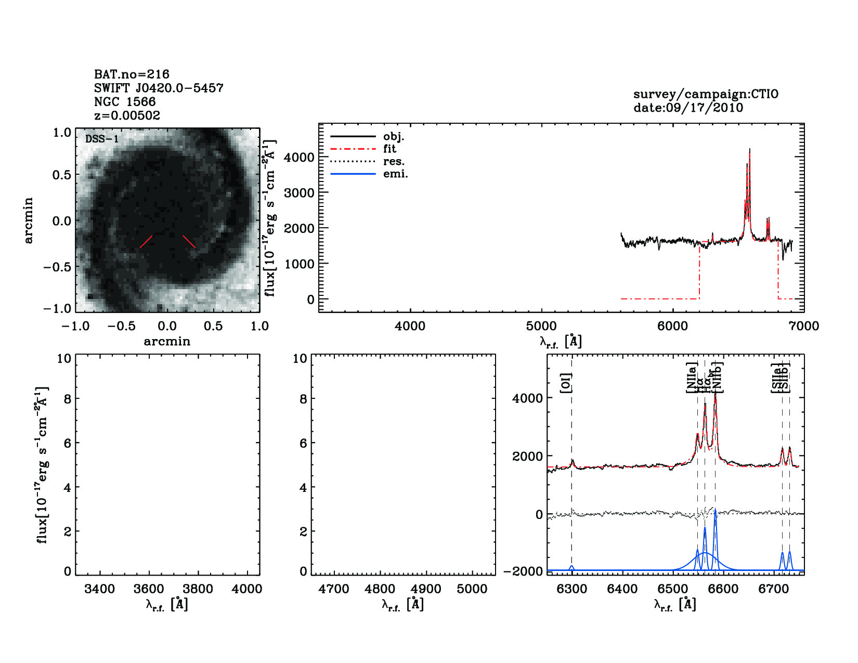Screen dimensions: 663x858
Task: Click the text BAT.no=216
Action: (132, 74)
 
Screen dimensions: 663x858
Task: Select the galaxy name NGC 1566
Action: (125, 102)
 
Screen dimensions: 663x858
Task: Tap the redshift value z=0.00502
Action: (127, 115)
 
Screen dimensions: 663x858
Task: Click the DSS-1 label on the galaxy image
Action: (102, 139)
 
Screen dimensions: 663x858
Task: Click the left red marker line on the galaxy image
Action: (146, 241)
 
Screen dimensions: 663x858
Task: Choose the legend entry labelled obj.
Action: (394, 136)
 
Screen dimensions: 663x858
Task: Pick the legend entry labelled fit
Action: (389, 149)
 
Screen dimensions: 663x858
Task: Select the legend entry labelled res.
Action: (394, 161)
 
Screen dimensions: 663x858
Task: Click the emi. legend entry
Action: (395, 174)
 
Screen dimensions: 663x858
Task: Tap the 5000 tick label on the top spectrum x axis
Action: (541, 326)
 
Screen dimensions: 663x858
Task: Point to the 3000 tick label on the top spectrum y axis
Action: (299, 192)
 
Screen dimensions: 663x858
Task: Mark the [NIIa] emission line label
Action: (692, 378)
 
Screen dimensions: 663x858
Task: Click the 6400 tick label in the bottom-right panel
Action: (622, 589)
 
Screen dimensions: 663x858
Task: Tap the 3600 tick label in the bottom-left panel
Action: (149, 589)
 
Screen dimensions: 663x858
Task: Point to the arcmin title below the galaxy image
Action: (167, 341)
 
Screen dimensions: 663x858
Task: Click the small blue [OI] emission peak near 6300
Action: (571, 567)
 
